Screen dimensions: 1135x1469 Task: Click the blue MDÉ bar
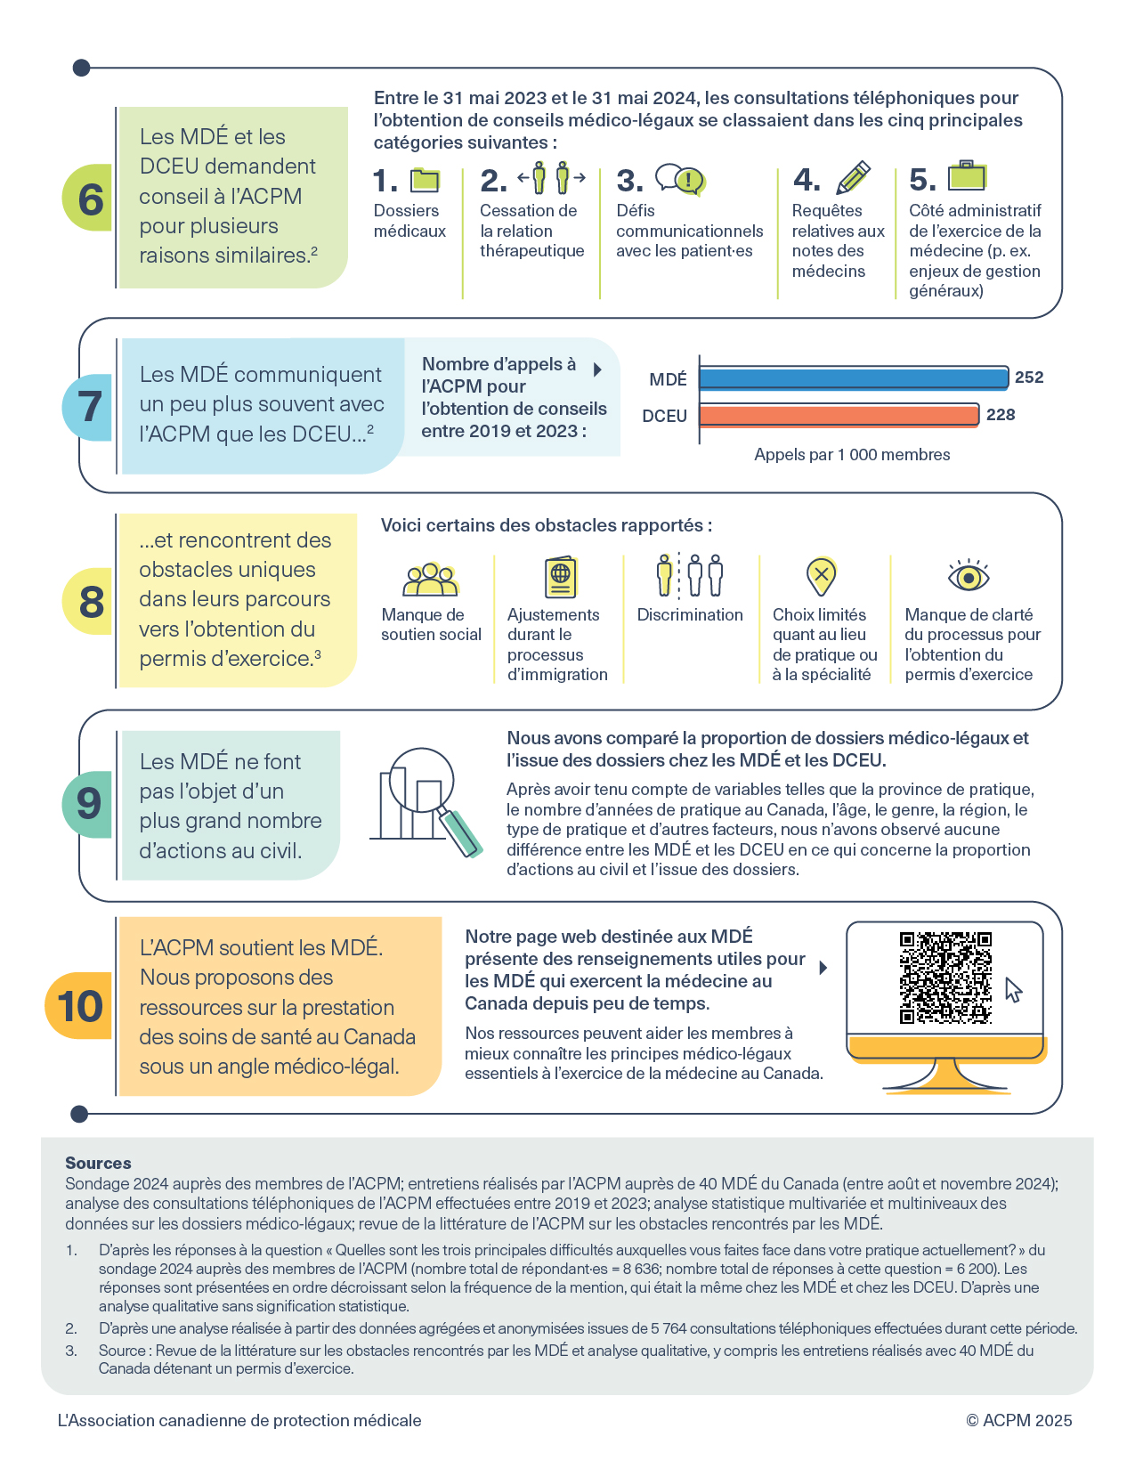853,377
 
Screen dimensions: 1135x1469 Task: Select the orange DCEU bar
839,415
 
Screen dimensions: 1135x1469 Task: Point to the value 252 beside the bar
1028,377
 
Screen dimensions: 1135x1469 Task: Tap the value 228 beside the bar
1000,414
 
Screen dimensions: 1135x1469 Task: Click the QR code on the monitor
945,978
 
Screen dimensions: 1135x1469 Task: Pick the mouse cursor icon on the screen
1013,990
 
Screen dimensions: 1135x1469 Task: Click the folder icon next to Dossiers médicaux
426,180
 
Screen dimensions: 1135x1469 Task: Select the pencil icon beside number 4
853,177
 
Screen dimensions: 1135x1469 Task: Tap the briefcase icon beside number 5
967,175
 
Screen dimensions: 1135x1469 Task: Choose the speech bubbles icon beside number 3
680,179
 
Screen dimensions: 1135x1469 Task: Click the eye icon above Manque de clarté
968,575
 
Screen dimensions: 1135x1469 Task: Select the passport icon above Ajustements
561,577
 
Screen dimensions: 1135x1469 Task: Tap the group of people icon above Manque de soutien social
431,579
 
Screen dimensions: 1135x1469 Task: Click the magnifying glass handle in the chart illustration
460,832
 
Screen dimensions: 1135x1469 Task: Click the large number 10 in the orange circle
80,1006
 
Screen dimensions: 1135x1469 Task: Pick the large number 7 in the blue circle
90,407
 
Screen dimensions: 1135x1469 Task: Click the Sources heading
98,1163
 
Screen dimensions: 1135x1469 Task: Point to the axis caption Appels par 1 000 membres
852,454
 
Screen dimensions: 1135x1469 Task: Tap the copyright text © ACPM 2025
1018,1420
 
